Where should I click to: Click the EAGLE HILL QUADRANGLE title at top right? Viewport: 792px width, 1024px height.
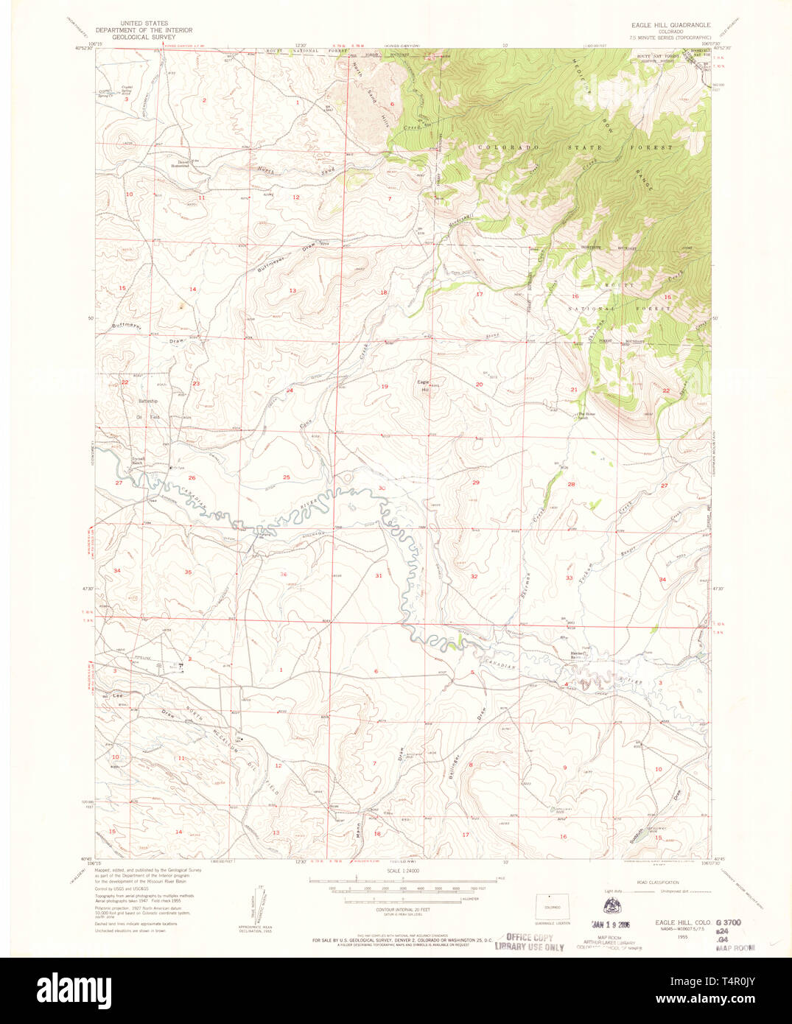pos(665,24)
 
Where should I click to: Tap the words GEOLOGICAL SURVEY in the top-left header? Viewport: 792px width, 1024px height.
pos(144,37)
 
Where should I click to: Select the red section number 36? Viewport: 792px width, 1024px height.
pos(283,575)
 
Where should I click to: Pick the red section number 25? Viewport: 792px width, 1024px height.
pos(287,477)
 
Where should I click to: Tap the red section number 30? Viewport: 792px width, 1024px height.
pos(382,488)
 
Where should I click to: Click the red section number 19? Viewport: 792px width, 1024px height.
pos(384,387)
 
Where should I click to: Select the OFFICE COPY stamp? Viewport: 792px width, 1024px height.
pos(529,938)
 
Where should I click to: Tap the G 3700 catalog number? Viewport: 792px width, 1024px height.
pos(727,922)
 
